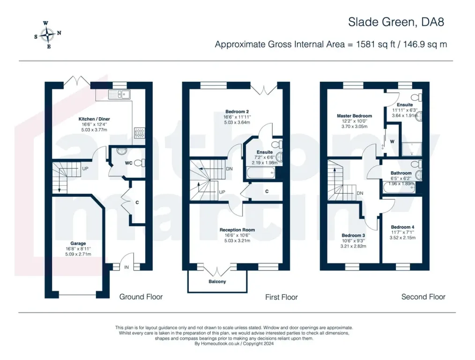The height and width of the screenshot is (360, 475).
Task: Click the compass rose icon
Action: (48, 35)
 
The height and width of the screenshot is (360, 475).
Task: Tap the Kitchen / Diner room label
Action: (94, 119)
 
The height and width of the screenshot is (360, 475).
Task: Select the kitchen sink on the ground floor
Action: (119, 95)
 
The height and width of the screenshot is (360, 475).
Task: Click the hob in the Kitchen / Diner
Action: (139, 133)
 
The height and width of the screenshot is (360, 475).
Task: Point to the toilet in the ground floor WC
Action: (139, 163)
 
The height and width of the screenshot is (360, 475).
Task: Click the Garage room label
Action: (78, 243)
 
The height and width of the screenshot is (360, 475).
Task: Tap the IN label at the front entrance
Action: (126, 267)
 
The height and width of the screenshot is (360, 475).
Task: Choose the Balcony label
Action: (217, 282)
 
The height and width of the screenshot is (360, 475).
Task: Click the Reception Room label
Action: (237, 230)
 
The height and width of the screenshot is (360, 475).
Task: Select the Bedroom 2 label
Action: (237, 112)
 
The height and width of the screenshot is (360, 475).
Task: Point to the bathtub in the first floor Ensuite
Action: (260, 174)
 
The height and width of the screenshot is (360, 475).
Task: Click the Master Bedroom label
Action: (355, 116)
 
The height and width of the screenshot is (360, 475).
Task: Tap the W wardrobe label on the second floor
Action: (392, 142)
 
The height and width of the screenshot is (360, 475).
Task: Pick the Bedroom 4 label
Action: (402, 227)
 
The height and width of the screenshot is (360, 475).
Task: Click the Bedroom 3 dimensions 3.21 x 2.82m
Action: (353, 246)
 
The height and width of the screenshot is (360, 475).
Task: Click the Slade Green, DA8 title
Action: (396, 22)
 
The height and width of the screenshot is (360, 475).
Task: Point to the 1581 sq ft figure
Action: (376, 44)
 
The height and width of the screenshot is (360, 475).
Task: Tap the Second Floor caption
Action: (423, 297)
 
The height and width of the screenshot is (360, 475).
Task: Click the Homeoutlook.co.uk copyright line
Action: (234, 344)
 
